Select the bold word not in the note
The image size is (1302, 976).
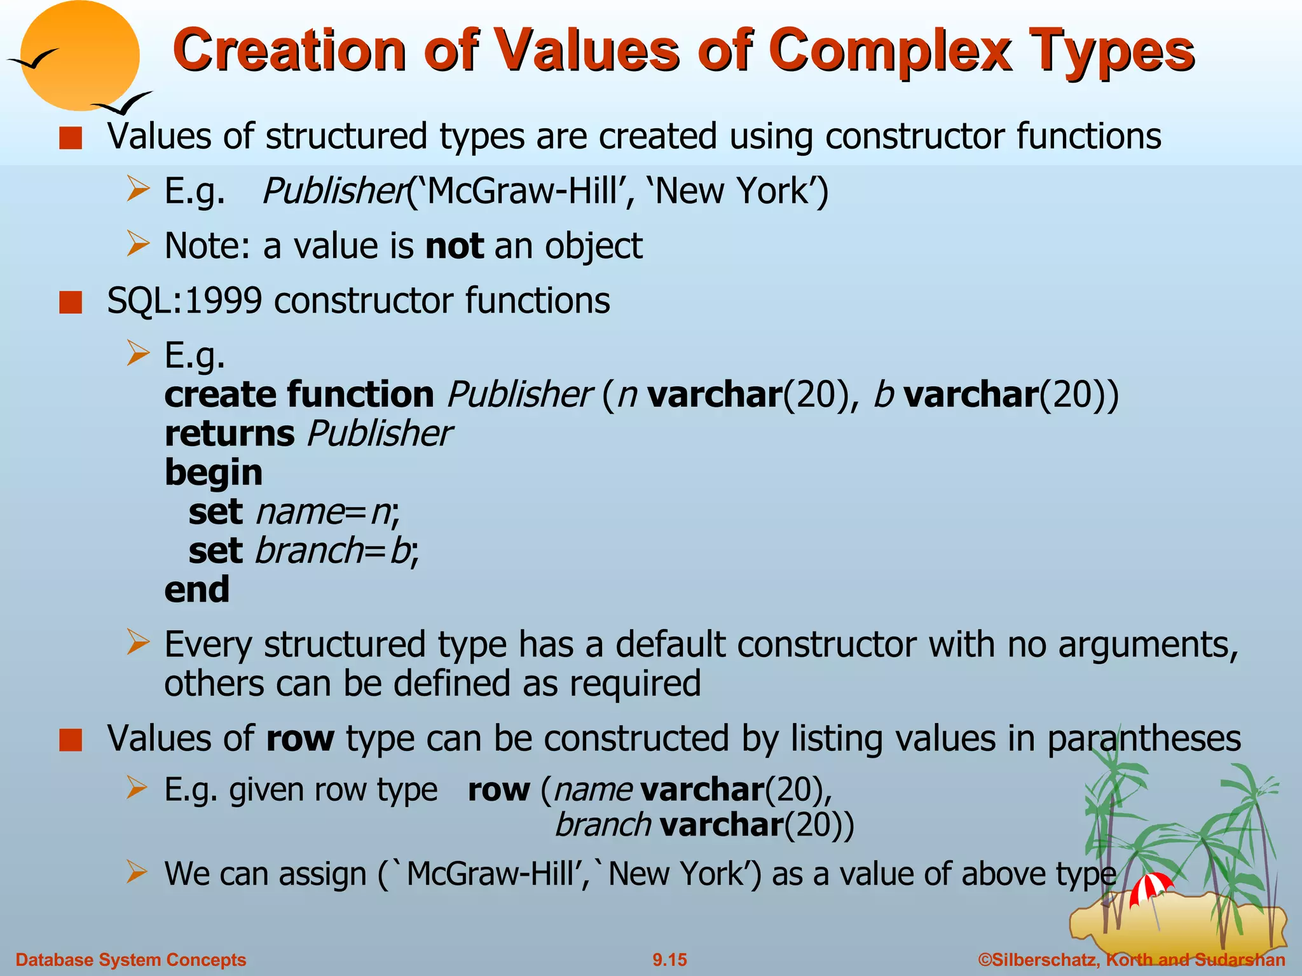point(454,247)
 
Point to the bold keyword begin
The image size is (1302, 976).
point(213,473)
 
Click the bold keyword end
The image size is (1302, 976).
point(196,590)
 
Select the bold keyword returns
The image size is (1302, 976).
point(229,434)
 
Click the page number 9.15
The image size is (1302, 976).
point(669,959)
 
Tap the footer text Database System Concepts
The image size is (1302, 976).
point(130,959)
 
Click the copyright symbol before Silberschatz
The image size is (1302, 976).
point(985,959)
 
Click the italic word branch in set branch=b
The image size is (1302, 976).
point(308,551)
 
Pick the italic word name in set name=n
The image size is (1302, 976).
point(299,512)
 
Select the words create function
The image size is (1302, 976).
point(299,395)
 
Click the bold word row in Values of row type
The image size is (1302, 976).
point(299,740)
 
